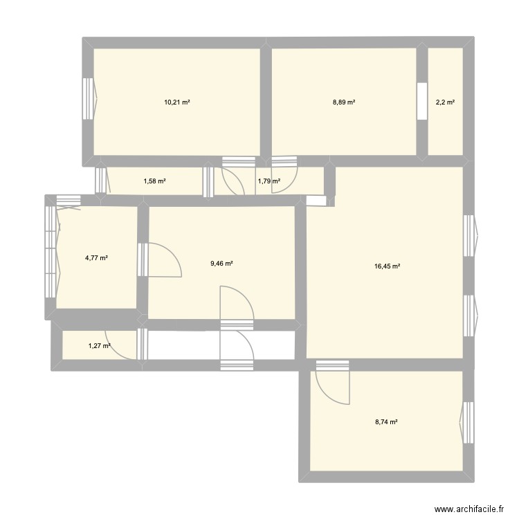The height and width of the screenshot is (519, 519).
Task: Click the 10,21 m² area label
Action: (x=177, y=102)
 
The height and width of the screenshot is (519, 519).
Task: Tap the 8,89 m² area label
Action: (x=344, y=102)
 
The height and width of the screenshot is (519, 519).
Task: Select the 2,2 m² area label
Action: (x=445, y=102)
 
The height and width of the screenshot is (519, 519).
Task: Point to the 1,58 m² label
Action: (x=155, y=181)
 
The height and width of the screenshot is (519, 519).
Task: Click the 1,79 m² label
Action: (x=268, y=181)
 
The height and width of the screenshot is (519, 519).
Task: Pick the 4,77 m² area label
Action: (x=96, y=258)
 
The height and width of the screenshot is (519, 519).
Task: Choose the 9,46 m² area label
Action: (x=221, y=263)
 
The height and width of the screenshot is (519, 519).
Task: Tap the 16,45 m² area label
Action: (x=388, y=266)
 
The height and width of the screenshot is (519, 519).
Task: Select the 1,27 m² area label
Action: (x=100, y=346)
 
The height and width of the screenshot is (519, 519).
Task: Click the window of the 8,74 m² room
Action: (x=468, y=421)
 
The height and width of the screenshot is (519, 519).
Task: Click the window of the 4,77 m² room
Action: (x=51, y=253)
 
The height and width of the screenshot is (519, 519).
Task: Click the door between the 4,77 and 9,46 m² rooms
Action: (x=143, y=259)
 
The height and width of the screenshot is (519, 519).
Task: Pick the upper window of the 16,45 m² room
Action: (x=469, y=236)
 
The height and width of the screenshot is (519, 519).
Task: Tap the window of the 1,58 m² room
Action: (x=101, y=181)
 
